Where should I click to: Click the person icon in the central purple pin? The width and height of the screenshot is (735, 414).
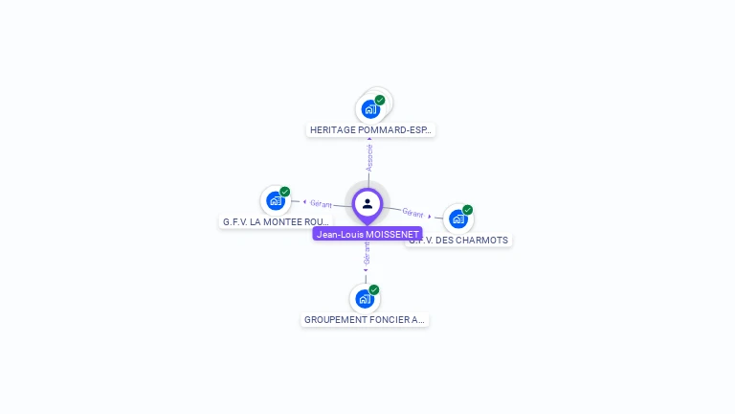(367, 203)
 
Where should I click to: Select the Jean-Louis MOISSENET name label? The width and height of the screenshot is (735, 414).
(367, 234)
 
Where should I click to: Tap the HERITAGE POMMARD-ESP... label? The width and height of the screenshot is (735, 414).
(371, 129)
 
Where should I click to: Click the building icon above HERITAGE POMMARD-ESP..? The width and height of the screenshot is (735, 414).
(370, 109)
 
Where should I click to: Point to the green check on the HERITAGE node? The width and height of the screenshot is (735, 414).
(380, 100)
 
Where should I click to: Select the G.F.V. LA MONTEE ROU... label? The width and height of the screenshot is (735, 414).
(276, 221)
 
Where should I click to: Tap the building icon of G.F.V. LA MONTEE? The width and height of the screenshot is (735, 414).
(276, 201)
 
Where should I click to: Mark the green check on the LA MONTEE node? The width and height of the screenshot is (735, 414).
(285, 192)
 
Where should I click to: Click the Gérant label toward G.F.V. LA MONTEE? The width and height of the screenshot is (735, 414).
(321, 204)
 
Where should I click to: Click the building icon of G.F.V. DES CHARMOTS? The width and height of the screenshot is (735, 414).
(458, 219)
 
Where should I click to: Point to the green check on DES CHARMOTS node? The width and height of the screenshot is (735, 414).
(468, 210)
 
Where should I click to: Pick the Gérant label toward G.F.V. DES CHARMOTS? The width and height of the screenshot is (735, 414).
(412, 212)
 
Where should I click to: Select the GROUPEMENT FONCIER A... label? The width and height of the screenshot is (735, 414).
(365, 319)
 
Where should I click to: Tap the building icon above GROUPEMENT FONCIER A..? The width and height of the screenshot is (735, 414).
(364, 299)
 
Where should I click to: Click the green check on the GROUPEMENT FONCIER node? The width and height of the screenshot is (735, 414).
(374, 289)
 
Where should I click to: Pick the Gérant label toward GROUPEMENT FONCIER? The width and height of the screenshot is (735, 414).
(367, 254)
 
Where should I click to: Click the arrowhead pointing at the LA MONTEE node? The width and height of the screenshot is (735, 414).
(304, 202)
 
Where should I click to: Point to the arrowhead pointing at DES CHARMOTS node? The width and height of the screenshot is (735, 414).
(430, 217)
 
